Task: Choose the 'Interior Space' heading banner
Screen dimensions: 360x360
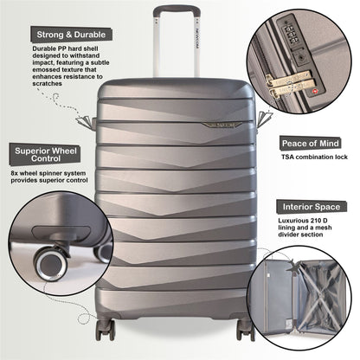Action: [x=314, y=207]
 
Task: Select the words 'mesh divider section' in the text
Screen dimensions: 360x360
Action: [x=307, y=240]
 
